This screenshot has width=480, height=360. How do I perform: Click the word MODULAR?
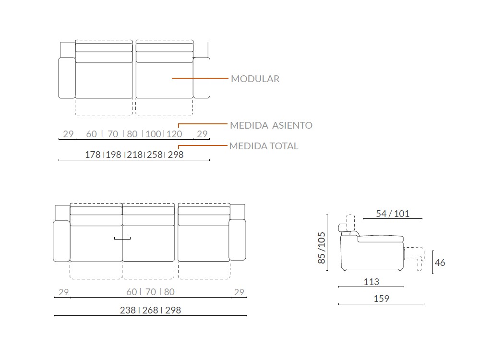click(255, 79)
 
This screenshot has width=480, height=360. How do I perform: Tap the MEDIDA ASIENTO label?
click(271, 125)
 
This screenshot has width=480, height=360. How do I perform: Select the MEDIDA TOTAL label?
click(264, 146)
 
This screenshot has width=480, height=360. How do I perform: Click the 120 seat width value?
click(174, 134)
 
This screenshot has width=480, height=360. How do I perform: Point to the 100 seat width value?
click(154, 134)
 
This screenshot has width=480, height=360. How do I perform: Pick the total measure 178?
click(93, 155)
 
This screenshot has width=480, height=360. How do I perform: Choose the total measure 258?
click(155, 155)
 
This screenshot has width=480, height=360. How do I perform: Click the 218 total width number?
click(135, 155)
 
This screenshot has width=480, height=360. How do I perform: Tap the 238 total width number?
click(128, 310)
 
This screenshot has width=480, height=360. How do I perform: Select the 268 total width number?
click(150, 310)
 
